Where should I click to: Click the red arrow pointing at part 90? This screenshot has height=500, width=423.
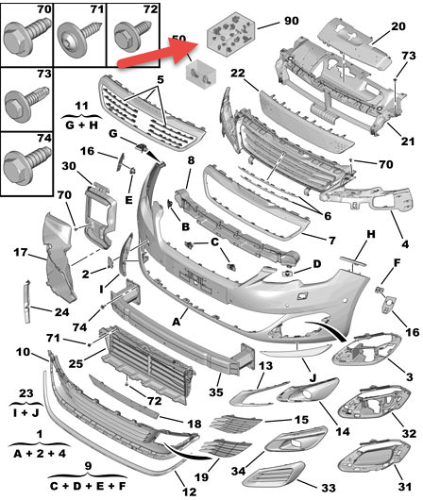pyautogui.click(x=158, y=53)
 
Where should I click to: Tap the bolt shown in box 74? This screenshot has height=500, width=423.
pyautogui.click(x=26, y=162)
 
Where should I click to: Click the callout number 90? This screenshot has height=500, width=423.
pyautogui.click(x=291, y=21)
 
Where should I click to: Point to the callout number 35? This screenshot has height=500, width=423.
pyautogui.click(x=216, y=392)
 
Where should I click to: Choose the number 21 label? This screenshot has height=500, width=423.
pyautogui.click(x=407, y=141)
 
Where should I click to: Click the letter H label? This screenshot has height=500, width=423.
pyautogui.click(x=371, y=234)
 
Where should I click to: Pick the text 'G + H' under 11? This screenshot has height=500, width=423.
pyautogui.click(x=81, y=125)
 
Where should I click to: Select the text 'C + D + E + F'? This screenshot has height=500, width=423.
pyautogui.click(x=88, y=486)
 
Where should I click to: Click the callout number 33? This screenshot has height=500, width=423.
pyautogui.click(x=329, y=488)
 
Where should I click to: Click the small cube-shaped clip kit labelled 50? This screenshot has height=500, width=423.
pyautogui.click(x=201, y=74)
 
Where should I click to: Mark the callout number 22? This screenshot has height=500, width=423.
pyautogui.click(x=238, y=73)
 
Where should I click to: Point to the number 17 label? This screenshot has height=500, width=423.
pyautogui.click(x=21, y=253)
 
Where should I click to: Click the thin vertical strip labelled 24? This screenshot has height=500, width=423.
pyautogui.click(x=27, y=301)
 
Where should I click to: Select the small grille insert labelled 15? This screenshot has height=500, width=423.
pyautogui.click(x=235, y=423)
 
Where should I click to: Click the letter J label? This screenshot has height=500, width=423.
pyautogui.click(x=313, y=378)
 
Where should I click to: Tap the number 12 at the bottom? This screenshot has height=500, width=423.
pyautogui.click(x=189, y=492)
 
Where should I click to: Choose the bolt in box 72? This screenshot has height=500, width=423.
pyautogui.click(x=131, y=35)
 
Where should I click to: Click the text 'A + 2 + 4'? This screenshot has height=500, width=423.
pyautogui.click(x=40, y=453)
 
